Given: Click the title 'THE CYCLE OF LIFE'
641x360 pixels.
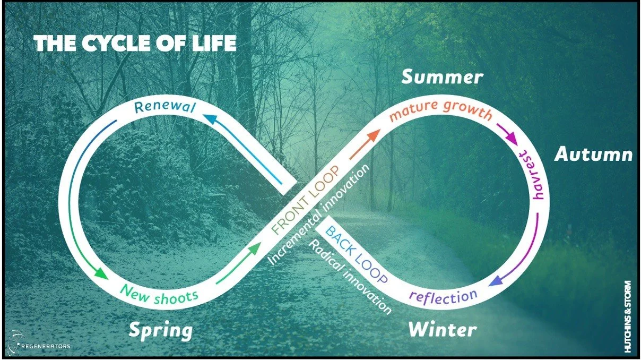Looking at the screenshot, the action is click(x=135, y=44).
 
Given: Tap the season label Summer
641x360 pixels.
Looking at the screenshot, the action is click(x=442, y=78).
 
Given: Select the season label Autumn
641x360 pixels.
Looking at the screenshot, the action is click(x=593, y=155).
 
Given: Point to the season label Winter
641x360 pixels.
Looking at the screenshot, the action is click(x=442, y=330).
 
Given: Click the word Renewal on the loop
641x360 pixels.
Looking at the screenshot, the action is click(x=165, y=107).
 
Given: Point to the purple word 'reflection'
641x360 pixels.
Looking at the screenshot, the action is click(x=443, y=296).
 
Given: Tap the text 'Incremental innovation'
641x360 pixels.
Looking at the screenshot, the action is click(x=318, y=216).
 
